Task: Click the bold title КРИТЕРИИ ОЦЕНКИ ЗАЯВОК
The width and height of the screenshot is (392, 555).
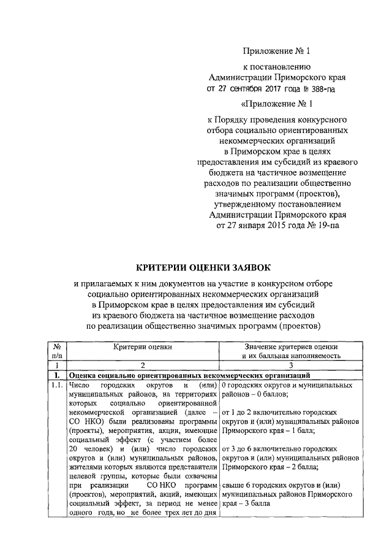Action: tap(202, 267)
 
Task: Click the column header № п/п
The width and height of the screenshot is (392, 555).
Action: tap(57, 350)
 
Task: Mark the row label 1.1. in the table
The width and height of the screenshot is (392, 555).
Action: tap(57, 385)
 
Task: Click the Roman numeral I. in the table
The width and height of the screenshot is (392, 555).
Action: tap(56, 374)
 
